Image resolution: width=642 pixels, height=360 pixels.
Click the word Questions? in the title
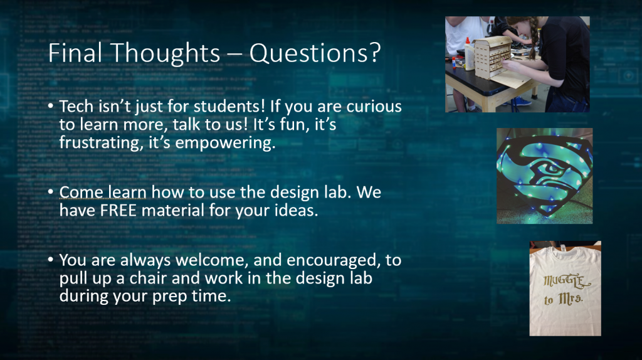point(315,53)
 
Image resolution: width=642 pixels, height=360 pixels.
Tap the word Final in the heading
point(75,53)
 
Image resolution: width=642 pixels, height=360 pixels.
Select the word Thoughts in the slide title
point(165,53)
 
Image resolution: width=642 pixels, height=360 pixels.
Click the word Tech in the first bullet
point(76,106)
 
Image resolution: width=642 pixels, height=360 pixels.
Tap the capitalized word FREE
point(118,210)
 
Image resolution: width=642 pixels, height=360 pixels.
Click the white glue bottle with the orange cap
point(469,54)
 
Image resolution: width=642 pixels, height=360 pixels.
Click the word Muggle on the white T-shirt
point(567,281)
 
